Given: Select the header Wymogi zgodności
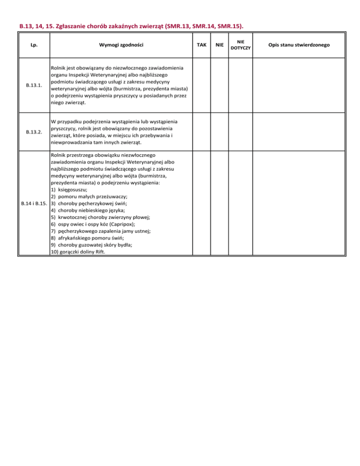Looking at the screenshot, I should pos(121,45).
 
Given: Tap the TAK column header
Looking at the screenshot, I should pos(202,45).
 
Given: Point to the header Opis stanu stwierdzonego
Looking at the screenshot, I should pos(300,45).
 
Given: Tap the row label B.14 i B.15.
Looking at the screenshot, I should pos(34,204).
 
